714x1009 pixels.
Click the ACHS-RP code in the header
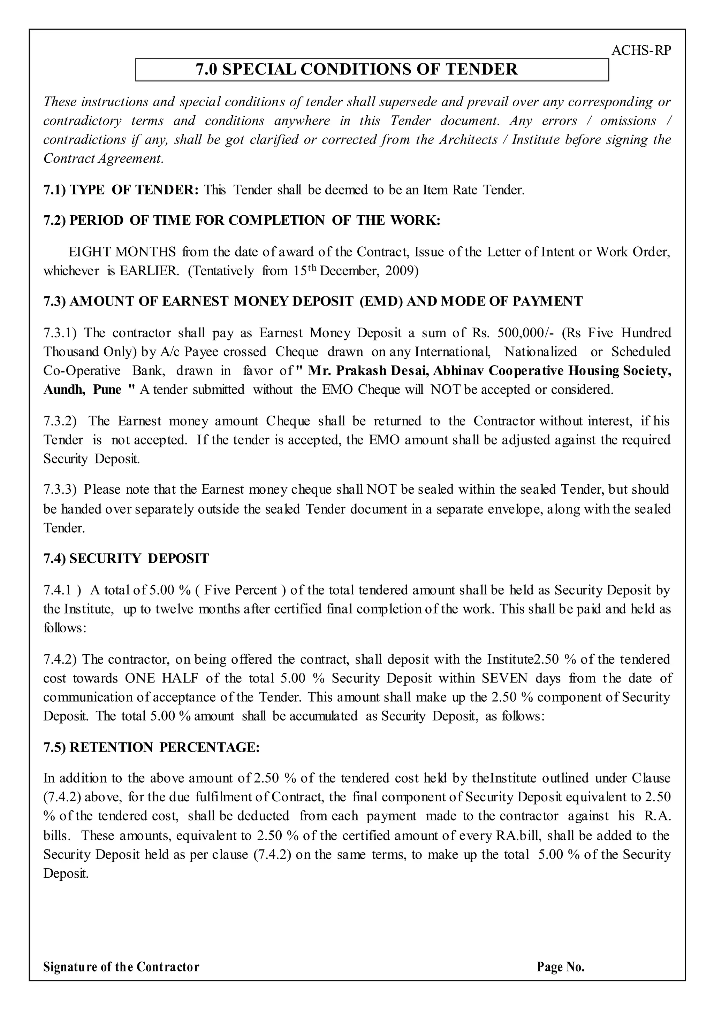coord(641,51)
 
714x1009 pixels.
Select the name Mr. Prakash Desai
coord(368,370)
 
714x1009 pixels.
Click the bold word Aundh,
coord(64,390)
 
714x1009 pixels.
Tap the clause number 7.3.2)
coord(60,421)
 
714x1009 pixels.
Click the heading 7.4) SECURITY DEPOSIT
coord(126,559)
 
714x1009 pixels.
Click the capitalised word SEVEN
coord(504,678)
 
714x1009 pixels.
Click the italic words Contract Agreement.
coord(103,158)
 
